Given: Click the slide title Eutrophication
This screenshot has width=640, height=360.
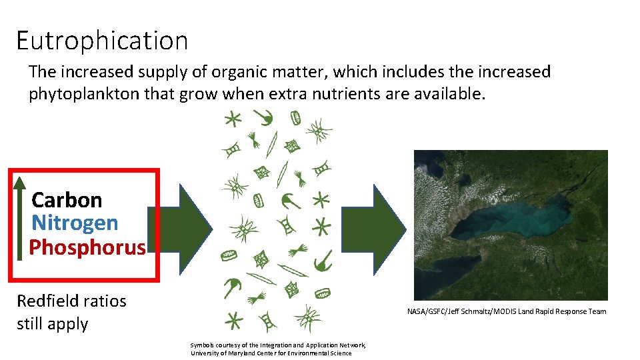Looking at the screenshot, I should click(x=102, y=41).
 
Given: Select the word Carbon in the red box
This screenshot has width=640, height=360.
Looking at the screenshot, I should click(x=67, y=200).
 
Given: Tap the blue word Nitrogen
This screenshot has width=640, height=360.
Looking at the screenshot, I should click(x=75, y=223).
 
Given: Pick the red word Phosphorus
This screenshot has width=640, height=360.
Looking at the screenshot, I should click(x=87, y=247).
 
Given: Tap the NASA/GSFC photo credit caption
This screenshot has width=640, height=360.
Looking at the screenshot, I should click(x=507, y=311).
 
